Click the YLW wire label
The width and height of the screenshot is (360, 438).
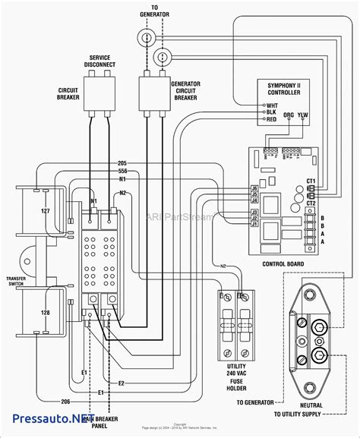click(x=304, y=116)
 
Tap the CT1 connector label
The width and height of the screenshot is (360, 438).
click(x=332, y=181)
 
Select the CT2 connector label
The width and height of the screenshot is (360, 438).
click(x=332, y=203)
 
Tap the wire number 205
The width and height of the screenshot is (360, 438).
click(x=122, y=163)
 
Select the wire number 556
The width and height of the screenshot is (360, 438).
click(x=122, y=172)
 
